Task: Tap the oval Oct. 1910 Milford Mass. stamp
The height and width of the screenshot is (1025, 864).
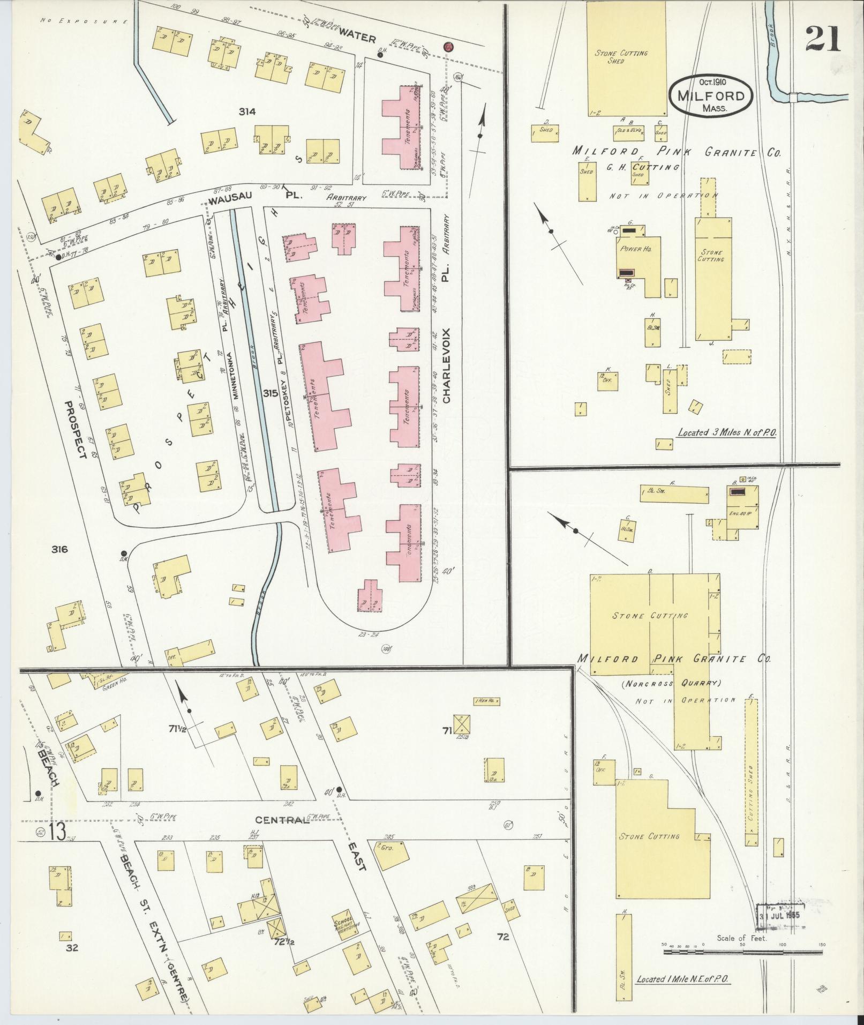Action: point(711,94)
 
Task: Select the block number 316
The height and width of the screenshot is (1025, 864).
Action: point(61,549)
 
